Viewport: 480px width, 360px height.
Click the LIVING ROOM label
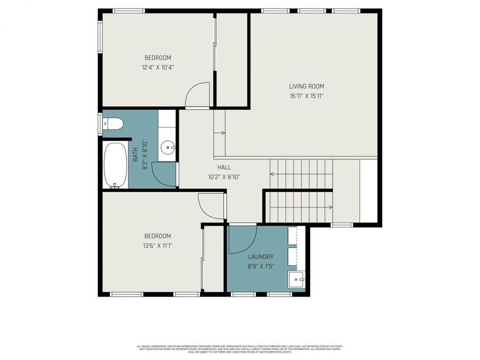(x=306, y=86)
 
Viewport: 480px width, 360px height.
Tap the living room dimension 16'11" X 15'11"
(x=306, y=96)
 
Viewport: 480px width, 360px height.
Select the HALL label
(x=223, y=167)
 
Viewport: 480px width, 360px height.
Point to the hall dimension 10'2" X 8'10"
(x=223, y=177)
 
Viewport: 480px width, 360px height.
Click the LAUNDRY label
(x=261, y=257)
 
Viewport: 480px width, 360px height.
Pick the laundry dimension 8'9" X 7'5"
(x=261, y=266)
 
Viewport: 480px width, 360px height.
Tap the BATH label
(x=135, y=155)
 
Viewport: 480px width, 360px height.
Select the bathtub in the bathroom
(x=115, y=165)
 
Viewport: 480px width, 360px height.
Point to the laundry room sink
(x=295, y=279)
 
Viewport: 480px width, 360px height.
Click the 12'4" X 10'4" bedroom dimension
(x=158, y=67)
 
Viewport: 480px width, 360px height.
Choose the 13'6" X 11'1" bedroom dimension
(x=158, y=246)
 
